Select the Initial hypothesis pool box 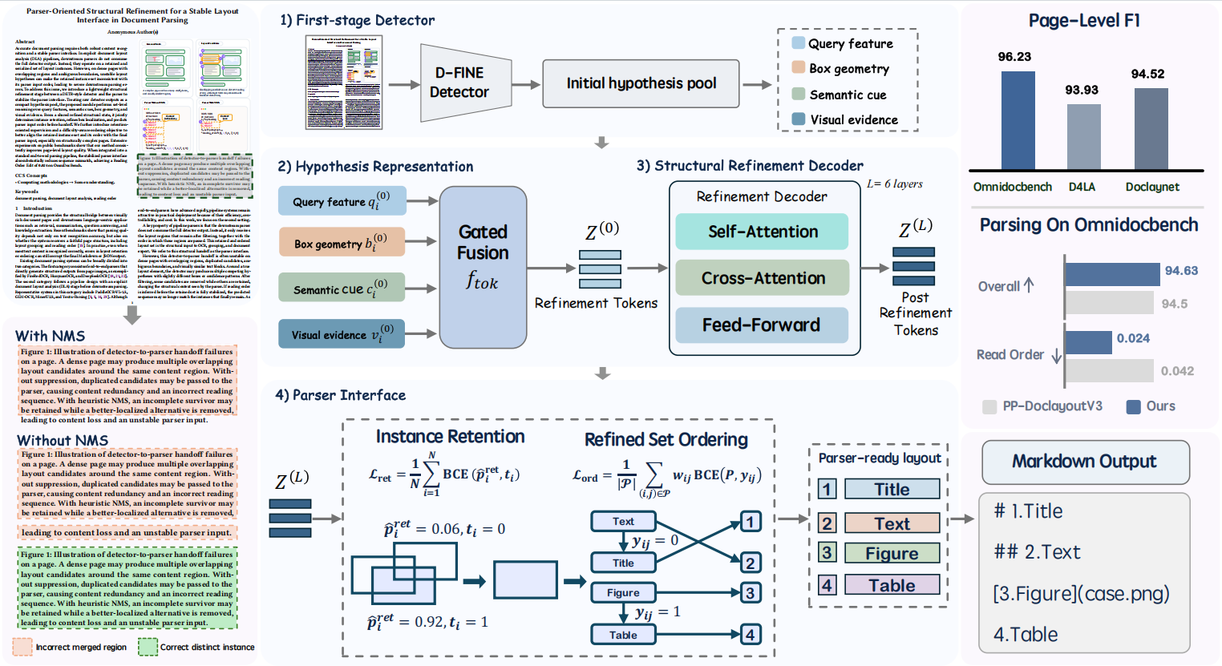point(641,83)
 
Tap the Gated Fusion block point(483,267)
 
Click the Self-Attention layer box point(762,232)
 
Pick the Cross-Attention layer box point(762,278)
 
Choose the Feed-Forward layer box point(762,325)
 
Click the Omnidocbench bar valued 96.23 point(1018,120)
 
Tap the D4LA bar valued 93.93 point(1083,136)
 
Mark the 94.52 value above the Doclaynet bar point(1147,74)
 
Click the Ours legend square point(1134,406)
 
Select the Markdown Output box point(1085,462)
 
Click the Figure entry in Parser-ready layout point(892,553)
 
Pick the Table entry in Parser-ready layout point(892,585)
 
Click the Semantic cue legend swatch point(799,95)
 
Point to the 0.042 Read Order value point(1177,371)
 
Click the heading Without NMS point(63,440)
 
